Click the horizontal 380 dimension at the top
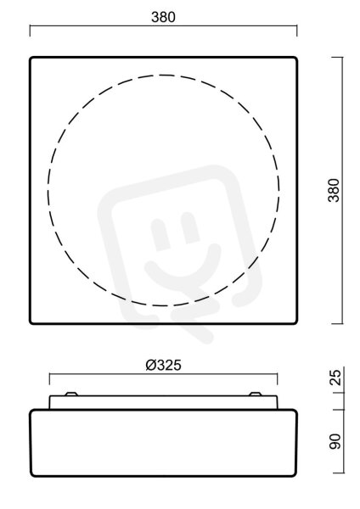click(x=163, y=17)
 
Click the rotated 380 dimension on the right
click(x=334, y=190)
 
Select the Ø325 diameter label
click(x=163, y=365)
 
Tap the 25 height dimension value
click(x=335, y=378)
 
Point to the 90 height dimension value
click(x=335, y=441)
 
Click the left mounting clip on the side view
click(x=70, y=394)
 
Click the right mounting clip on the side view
click(x=255, y=394)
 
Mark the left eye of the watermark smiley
click(x=161, y=234)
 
